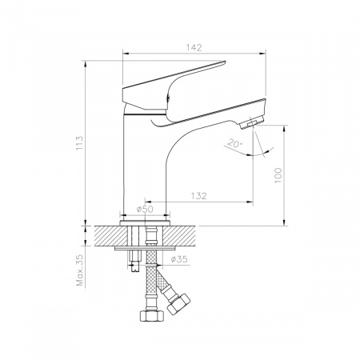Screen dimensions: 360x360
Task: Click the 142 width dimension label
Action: (x=194, y=48)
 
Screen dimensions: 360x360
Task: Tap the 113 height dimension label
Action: (x=79, y=143)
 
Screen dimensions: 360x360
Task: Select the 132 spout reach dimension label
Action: (x=198, y=196)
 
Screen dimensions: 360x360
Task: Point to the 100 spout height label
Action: (x=278, y=175)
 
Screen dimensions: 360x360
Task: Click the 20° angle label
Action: (x=234, y=144)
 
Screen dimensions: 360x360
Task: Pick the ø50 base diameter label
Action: (x=145, y=210)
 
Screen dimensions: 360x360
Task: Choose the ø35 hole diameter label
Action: (x=179, y=259)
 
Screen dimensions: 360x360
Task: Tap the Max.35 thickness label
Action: (x=80, y=270)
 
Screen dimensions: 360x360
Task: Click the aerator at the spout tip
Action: (x=252, y=123)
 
